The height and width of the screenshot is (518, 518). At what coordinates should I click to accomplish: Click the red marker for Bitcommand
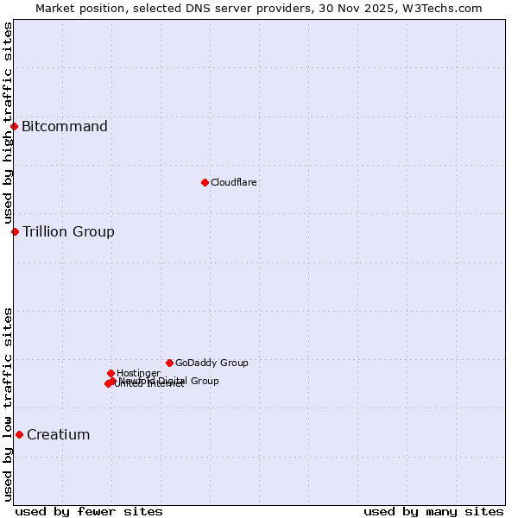tap(14, 127)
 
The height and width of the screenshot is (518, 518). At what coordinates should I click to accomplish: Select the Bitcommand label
tap(65, 127)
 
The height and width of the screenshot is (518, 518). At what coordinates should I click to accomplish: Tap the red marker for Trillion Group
tap(15, 231)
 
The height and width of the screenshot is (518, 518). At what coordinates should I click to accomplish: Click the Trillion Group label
tap(68, 231)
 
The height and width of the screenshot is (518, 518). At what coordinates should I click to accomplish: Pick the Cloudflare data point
tap(205, 182)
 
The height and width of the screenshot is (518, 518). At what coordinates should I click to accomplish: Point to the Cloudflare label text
tap(234, 182)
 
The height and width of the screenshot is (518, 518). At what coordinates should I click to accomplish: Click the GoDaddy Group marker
tap(169, 363)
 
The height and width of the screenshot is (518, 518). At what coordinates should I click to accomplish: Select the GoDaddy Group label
tap(212, 363)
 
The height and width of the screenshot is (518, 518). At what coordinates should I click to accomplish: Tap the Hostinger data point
tap(111, 373)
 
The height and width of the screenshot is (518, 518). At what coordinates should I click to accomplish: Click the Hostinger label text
tap(138, 373)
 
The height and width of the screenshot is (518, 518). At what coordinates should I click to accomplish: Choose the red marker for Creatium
tap(19, 434)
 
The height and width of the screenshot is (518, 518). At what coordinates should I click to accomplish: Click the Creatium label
tap(59, 434)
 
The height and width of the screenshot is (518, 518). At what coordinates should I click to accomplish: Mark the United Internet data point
tap(108, 383)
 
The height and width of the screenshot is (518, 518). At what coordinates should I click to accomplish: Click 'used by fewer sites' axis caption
tap(89, 511)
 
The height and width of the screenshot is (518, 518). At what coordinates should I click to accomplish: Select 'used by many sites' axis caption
tap(433, 511)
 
